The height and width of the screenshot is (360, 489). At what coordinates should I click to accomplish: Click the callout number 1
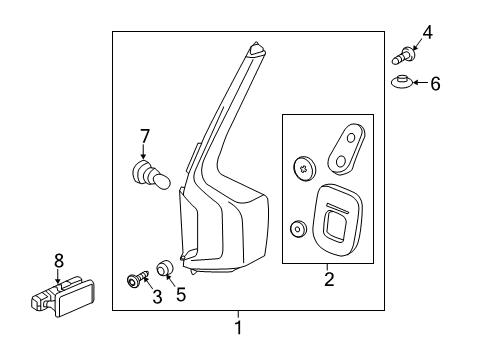point(238,326)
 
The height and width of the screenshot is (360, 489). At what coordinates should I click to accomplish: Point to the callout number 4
point(428,33)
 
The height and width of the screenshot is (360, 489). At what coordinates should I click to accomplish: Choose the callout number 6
point(435,84)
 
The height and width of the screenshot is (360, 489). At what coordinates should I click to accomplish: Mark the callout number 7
point(144,136)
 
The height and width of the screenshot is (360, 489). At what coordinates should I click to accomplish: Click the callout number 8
point(58,260)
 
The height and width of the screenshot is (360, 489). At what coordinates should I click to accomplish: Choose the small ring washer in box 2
point(298,229)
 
